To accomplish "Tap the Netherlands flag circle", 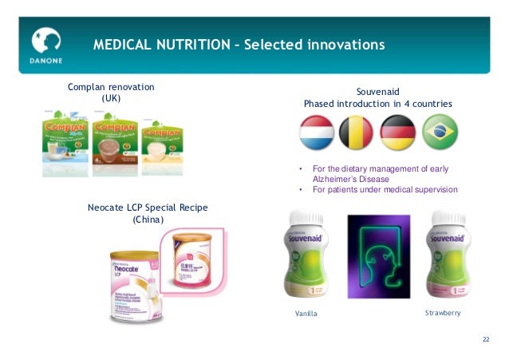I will pyautogui.click(x=317, y=133).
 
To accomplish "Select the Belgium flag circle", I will pyautogui.click(x=356, y=133).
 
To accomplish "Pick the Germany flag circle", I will pyautogui.click(x=397, y=133).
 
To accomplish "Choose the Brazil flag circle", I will pyautogui.click(x=440, y=133).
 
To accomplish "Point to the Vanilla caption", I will pyautogui.click(x=306, y=314).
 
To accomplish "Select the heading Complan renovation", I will pyautogui.click(x=111, y=86).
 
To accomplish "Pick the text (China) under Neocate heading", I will pyautogui.click(x=148, y=220).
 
